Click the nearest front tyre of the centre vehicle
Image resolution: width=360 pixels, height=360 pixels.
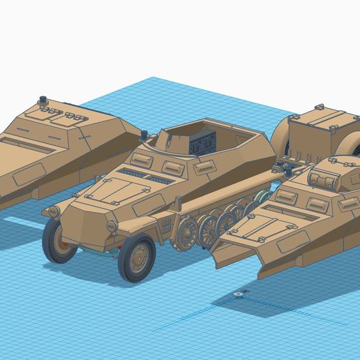coord(137,258)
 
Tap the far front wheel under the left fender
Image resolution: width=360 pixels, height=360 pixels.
coord(60,241)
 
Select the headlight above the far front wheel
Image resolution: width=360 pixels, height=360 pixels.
coord(52,211)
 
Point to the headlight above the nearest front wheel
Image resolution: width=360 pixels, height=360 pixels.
coord(112,226)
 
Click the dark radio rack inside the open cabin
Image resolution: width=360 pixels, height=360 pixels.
coord(202,144)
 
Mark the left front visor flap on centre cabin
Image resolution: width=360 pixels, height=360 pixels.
coord(142,160)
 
